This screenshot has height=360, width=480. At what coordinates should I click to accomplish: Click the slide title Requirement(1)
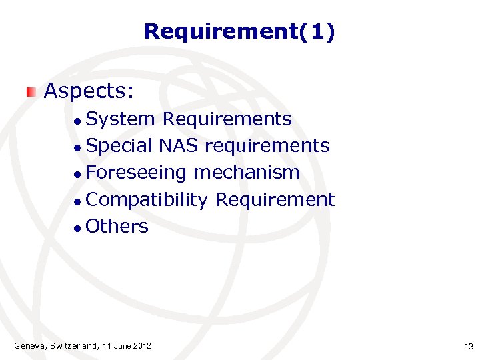(239, 31)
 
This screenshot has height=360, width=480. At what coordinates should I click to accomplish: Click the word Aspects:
(89, 90)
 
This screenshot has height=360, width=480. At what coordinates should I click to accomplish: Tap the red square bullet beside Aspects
(31, 91)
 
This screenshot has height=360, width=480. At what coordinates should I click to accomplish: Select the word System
(121, 119)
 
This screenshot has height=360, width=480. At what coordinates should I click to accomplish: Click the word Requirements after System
(227, 119)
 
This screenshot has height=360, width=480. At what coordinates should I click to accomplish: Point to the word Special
(119, 146)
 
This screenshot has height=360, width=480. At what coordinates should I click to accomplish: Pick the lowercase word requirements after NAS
(267, 146)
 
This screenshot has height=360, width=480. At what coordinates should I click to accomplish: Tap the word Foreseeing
(137, 173)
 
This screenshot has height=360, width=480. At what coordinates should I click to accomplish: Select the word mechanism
(246, 173)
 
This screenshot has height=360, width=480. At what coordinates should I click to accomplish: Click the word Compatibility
(147, 200)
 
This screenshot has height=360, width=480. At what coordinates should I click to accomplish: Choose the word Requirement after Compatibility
(275, 199)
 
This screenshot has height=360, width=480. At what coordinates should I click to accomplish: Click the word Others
(117, 227)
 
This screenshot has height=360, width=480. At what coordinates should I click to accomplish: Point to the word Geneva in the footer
(30, 345)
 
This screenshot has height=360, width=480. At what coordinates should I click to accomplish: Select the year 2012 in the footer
(141, 345)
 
